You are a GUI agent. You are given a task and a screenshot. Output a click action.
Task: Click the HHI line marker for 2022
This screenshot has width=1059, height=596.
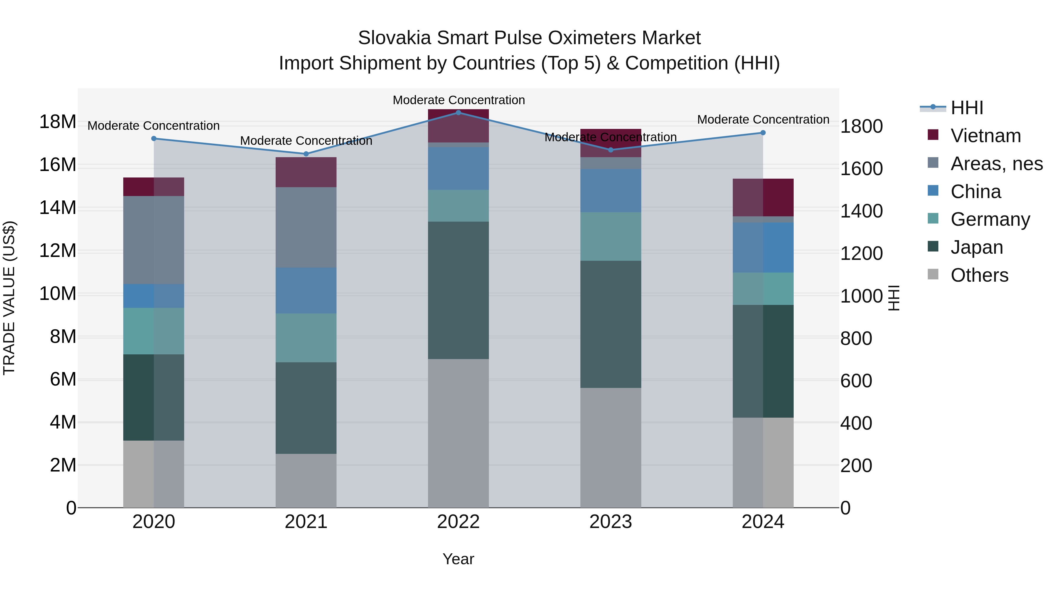tap(458, 112)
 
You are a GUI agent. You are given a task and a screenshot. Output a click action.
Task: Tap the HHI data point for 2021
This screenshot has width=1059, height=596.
tap(306, 154)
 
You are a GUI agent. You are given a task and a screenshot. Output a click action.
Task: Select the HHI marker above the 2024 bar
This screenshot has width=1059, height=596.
tap(763, 132)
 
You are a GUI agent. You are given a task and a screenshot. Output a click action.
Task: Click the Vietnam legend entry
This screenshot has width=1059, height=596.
tap(985, 136)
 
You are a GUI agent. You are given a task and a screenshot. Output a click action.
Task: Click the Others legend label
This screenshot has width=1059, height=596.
tap(979, 275)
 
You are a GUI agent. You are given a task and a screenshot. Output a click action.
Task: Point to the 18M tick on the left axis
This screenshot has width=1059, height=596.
tap(58, 122)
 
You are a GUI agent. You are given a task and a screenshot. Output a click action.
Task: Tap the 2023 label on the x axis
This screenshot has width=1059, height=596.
tap(610, 522)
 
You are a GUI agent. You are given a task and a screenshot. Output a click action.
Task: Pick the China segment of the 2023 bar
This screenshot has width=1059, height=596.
tap(610, 190)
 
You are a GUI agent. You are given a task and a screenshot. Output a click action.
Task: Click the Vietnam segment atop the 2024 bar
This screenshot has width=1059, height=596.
tap(763, 197)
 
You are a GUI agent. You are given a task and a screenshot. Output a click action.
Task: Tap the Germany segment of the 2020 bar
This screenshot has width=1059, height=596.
tap(154, 331)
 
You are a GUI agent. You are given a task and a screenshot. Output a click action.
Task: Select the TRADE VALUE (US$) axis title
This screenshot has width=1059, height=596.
tap(9, 298)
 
